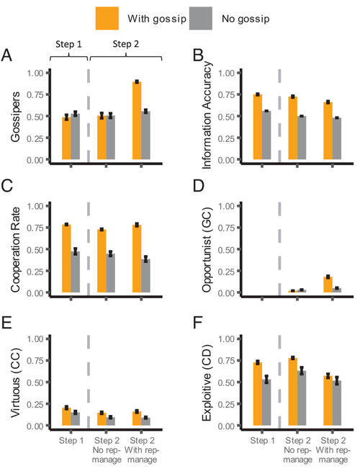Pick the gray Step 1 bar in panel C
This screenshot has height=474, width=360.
pyautogui.click(x=75, y=272)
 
